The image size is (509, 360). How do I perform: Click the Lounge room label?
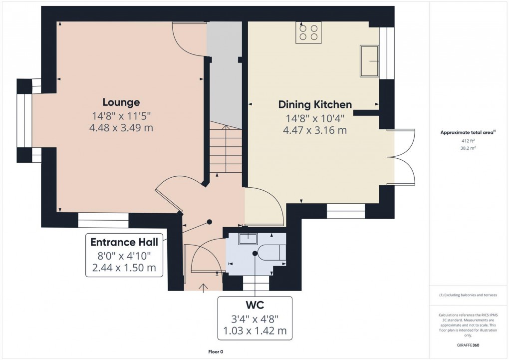click(121, 102)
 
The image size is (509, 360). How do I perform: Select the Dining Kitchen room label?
click(315, 104)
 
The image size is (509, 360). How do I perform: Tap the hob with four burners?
click(308, 32)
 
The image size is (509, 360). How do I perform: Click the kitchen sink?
click(369, 61)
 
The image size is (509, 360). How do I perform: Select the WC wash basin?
click(248, 239)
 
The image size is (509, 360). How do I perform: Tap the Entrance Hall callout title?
click(124, 242)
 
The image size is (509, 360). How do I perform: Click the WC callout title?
click(254, 304)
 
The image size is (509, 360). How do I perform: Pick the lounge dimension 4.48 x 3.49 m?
click(121, 128)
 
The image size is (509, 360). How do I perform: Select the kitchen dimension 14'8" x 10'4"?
click(315, 118)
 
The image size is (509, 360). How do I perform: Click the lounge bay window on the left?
click(24, 121)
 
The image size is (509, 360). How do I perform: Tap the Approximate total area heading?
click(467, 133)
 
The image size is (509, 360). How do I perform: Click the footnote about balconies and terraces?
click(468, 295)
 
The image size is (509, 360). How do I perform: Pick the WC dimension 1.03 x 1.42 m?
click(254, 331)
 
